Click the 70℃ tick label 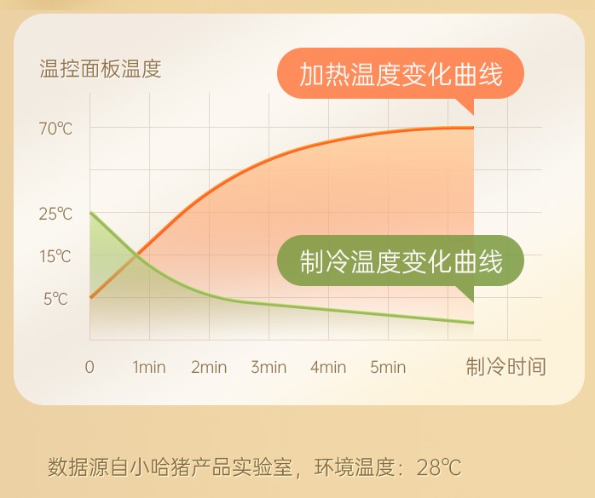[x=55, y=129]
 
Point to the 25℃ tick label [x=55, y=215]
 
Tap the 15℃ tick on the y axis [x=55, y=256]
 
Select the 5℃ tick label [x=55, y=299]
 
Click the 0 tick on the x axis [x=90, y=367]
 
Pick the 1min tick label [x=149, y=367]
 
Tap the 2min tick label [x=209, y=367]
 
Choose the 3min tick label [x=269, y=367]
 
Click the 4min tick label [x=328, y=367]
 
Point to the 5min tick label [x=388, y=367]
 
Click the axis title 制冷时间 [x=505, y=367]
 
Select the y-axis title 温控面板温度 [x=101, y=69]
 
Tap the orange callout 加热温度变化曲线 [x=401, y=74]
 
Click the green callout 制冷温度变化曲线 [x=401, y=261]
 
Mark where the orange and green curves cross [x=135, y=256]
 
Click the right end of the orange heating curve [x=473, y=128]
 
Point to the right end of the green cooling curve [x=473, y=323]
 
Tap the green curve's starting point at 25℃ [x=90, y=213]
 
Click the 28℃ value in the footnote [x=439, y=467]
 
